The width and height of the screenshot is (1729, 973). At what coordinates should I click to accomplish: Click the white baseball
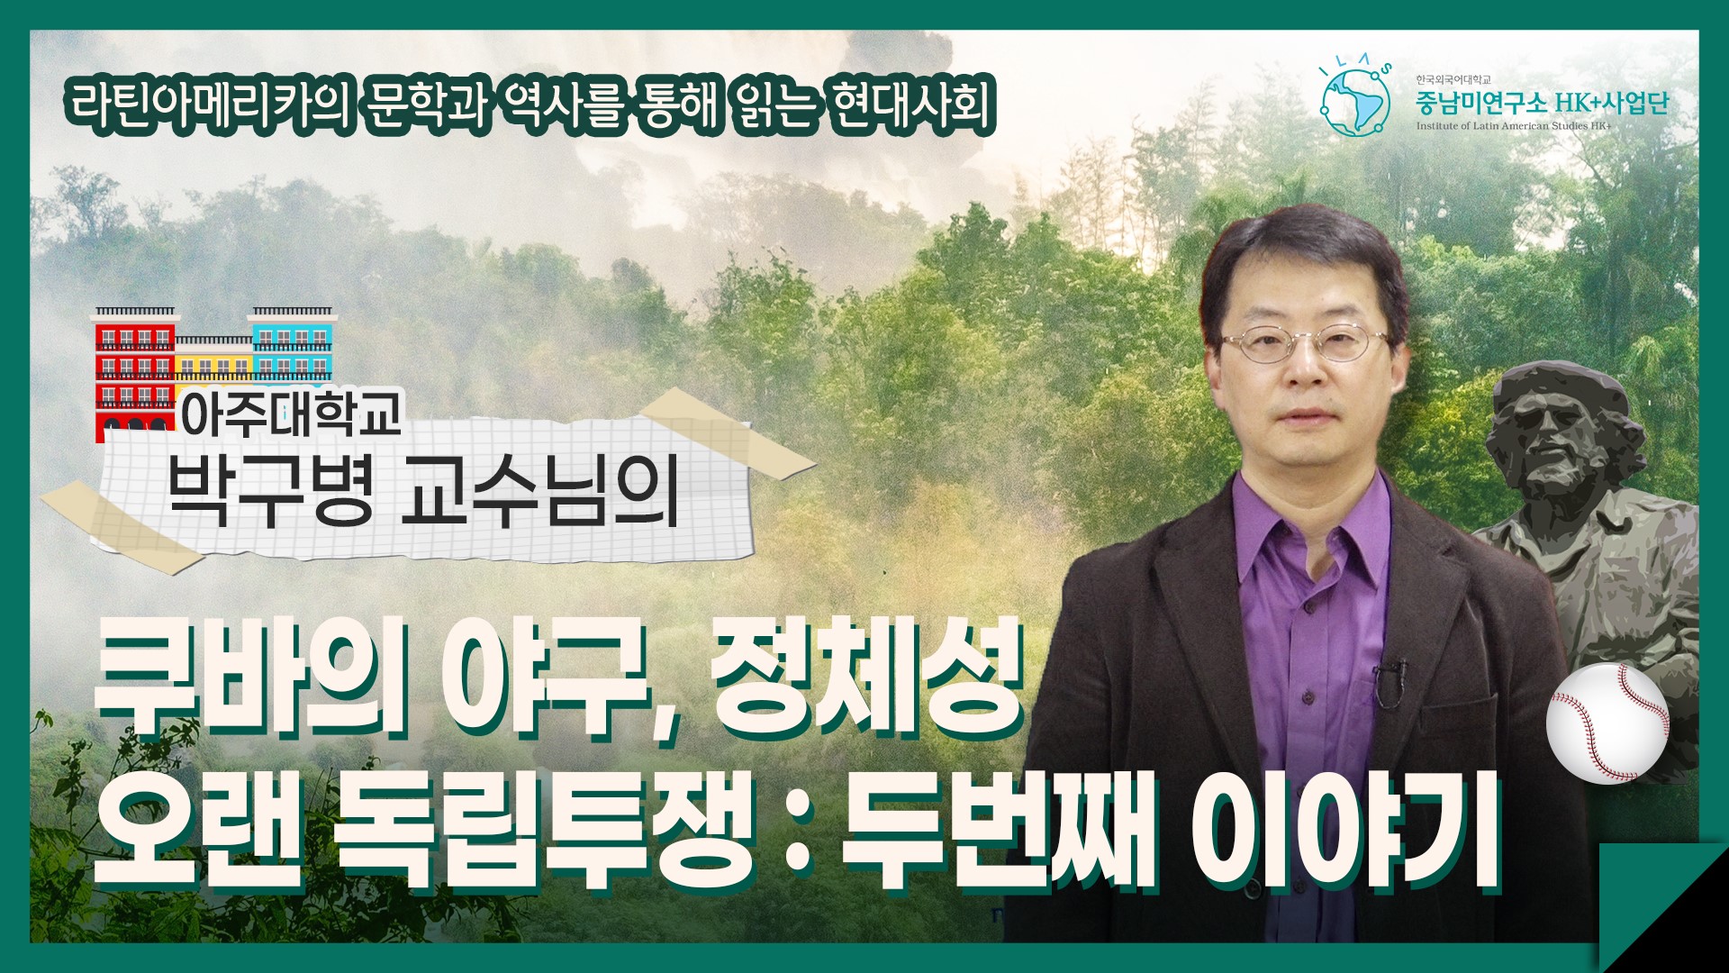tap(1607, 723)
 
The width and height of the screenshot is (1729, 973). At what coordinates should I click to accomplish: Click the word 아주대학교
tap(291, 414)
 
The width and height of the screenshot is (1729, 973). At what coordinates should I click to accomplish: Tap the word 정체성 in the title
tap(866, 677)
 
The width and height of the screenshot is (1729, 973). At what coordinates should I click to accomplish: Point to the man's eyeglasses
tap(1302, 343)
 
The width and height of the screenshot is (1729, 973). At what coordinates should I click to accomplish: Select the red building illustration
tap(135, 375)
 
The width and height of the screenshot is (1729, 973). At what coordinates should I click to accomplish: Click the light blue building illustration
tap(291, 343)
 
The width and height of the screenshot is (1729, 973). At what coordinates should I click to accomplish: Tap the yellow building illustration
tap(213, 359)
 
